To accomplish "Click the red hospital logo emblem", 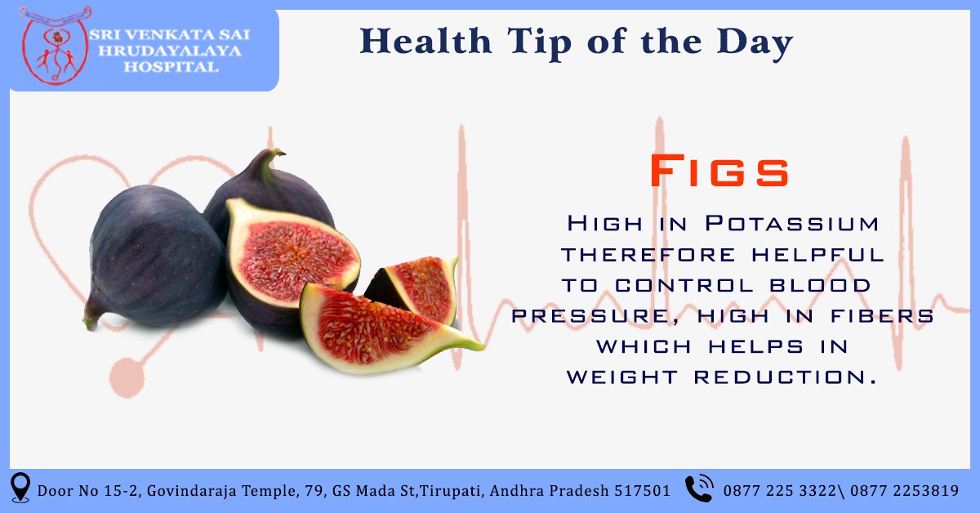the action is point(56,45).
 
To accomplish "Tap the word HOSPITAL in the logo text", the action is point(171,67).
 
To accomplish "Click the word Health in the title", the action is point(425,41).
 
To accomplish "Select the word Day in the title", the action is point(755,43).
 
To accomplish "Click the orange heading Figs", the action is point(719,171).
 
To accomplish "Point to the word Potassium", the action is point(792,223).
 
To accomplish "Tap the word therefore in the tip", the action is point(648,255).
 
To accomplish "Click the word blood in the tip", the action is point(820,285).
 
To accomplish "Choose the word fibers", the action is point(882,316).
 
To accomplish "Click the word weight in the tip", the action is point(622,377).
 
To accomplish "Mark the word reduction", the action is point(786,377).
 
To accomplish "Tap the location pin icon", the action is point(20,487).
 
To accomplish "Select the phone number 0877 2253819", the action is point(904,491).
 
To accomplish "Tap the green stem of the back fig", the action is point(269,160).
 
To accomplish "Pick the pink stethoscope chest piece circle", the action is point(127,377).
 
